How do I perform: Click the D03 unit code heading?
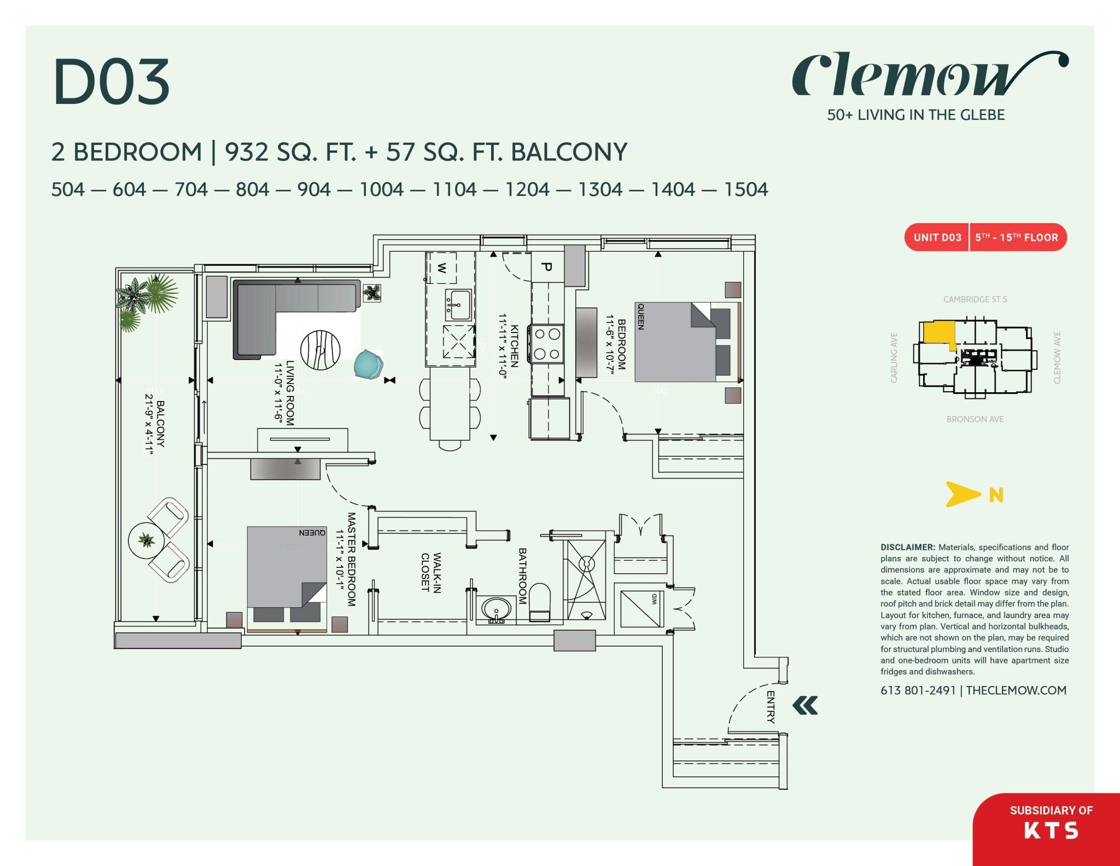pos(112,82)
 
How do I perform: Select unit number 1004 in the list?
pos(381,190)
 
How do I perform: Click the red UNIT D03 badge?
pos(937,237)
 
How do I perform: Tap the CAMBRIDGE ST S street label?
pos(975,299)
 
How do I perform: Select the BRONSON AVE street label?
pos(975,419)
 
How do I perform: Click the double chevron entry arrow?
pos(805,705)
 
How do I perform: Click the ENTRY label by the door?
pos(771,707)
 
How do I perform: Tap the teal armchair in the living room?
pos(368,364)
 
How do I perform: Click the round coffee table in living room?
pos(320,350)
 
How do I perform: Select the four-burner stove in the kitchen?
pos(546,344)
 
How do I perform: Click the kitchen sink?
pos(458,305)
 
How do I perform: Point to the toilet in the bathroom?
pos(540,602)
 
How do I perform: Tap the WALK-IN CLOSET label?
pos(431,572)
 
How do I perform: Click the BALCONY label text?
pos(160,424)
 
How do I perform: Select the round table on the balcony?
pos(146,540)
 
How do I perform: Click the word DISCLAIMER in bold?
pos(907,547)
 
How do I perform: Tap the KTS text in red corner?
pos(1051,830)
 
